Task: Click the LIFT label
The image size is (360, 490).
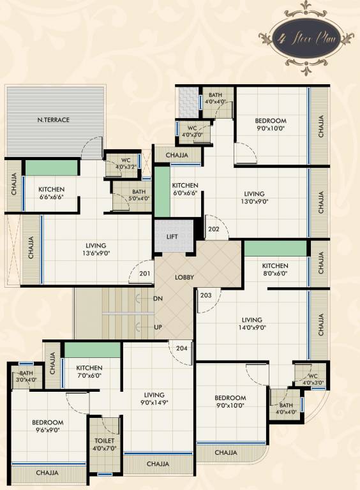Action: coord(172,237)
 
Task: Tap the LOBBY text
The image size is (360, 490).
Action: coord(184,278)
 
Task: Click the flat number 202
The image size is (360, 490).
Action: coord(213,230)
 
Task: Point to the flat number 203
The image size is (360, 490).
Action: coord(206,295)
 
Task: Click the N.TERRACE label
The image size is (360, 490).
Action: coord(53,120)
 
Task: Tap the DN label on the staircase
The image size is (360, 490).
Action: coord(158,299)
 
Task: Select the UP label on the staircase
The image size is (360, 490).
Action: coord(158,327)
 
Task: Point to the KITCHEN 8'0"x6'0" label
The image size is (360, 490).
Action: coord(275,270)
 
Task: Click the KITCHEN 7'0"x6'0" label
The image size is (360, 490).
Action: coord(89,372)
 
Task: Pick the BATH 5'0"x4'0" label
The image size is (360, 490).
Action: coord(139,195)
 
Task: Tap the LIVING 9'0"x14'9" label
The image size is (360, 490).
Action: coord(154,399)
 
